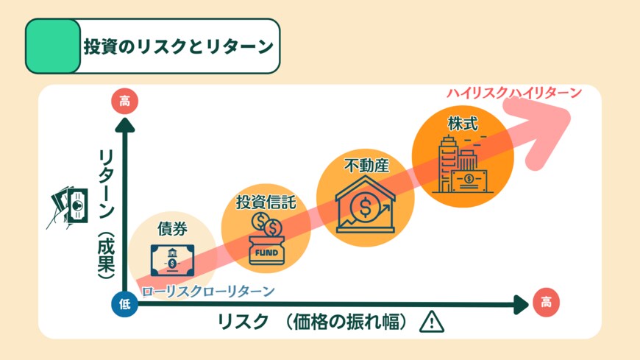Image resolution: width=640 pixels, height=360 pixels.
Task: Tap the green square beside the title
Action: pos(53,46)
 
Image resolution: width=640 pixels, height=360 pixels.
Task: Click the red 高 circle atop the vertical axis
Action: pos(124,101)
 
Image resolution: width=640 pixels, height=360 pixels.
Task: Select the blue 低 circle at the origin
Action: pos(124,304)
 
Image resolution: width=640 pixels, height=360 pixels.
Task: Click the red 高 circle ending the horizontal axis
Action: pos(545,302)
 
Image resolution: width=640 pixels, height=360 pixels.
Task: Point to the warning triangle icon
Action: pos(432,322)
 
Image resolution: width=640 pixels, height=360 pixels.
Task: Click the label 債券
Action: pos(171,227)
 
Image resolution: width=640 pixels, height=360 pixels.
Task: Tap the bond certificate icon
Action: pos(171,259)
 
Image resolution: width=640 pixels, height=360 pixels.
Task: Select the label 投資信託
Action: pos(266,202)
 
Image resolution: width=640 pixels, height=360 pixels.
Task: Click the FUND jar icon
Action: pos(266,240)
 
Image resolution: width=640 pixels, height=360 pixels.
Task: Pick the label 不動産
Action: pos(366,166)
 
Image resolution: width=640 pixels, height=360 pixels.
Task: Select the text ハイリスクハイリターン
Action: pos(514,93)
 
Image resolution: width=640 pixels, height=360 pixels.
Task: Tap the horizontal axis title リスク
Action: pos(243,322)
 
